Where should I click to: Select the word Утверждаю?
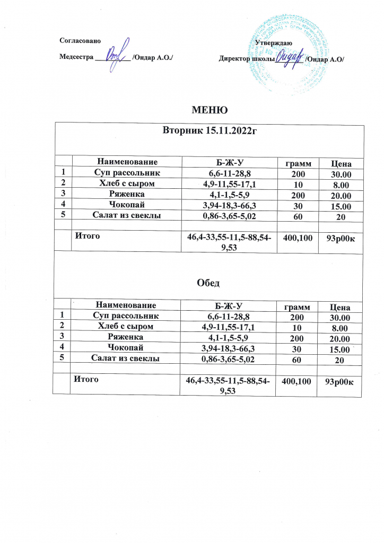272,42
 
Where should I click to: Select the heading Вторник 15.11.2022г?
210,131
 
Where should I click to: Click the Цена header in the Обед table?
339,306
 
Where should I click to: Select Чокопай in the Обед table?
126,347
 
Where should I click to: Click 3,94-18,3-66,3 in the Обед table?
228,348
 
